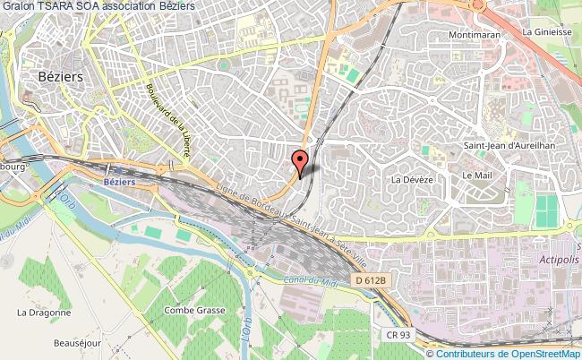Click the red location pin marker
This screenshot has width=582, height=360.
click(x=300, y=162)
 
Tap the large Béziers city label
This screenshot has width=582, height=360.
click(x=61, y=77)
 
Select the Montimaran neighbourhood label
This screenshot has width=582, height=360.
click(x=479, y=37)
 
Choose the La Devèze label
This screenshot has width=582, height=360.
click(x=412, y=180)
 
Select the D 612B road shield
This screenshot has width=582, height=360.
click(x=370, y=280)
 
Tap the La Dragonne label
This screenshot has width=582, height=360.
click(x=43, y=313)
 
